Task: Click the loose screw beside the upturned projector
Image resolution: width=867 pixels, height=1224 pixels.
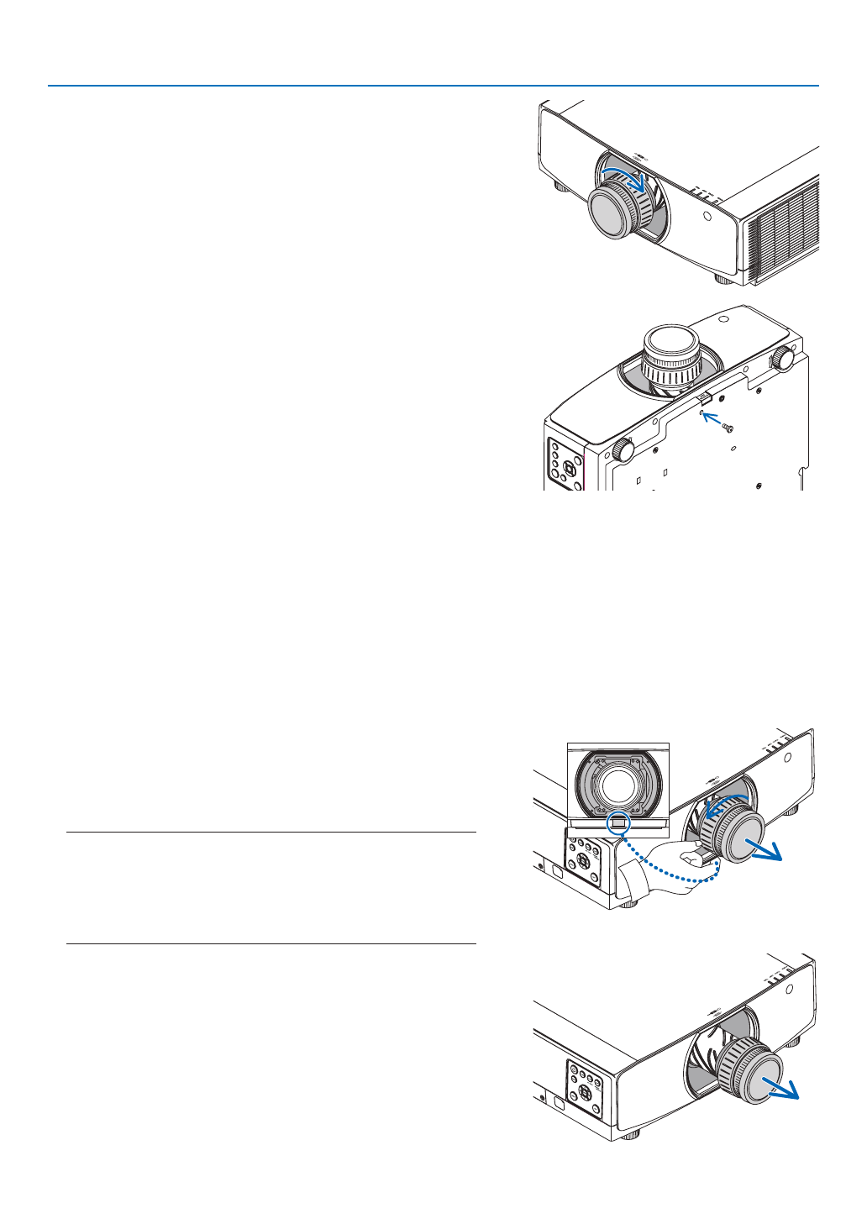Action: pos(728,428)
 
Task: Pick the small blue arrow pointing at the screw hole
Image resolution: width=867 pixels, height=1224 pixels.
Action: pos(712,418)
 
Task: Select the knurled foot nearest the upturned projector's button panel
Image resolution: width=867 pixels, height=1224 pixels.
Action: pos(623,450)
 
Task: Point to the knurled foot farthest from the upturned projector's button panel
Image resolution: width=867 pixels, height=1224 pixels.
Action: pos(782,357)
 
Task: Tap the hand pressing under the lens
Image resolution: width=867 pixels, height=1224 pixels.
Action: pos(672,874)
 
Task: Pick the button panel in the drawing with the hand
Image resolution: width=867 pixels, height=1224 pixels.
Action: pos(583,865)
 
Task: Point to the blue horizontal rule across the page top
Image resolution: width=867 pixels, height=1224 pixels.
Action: pos(433,86)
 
